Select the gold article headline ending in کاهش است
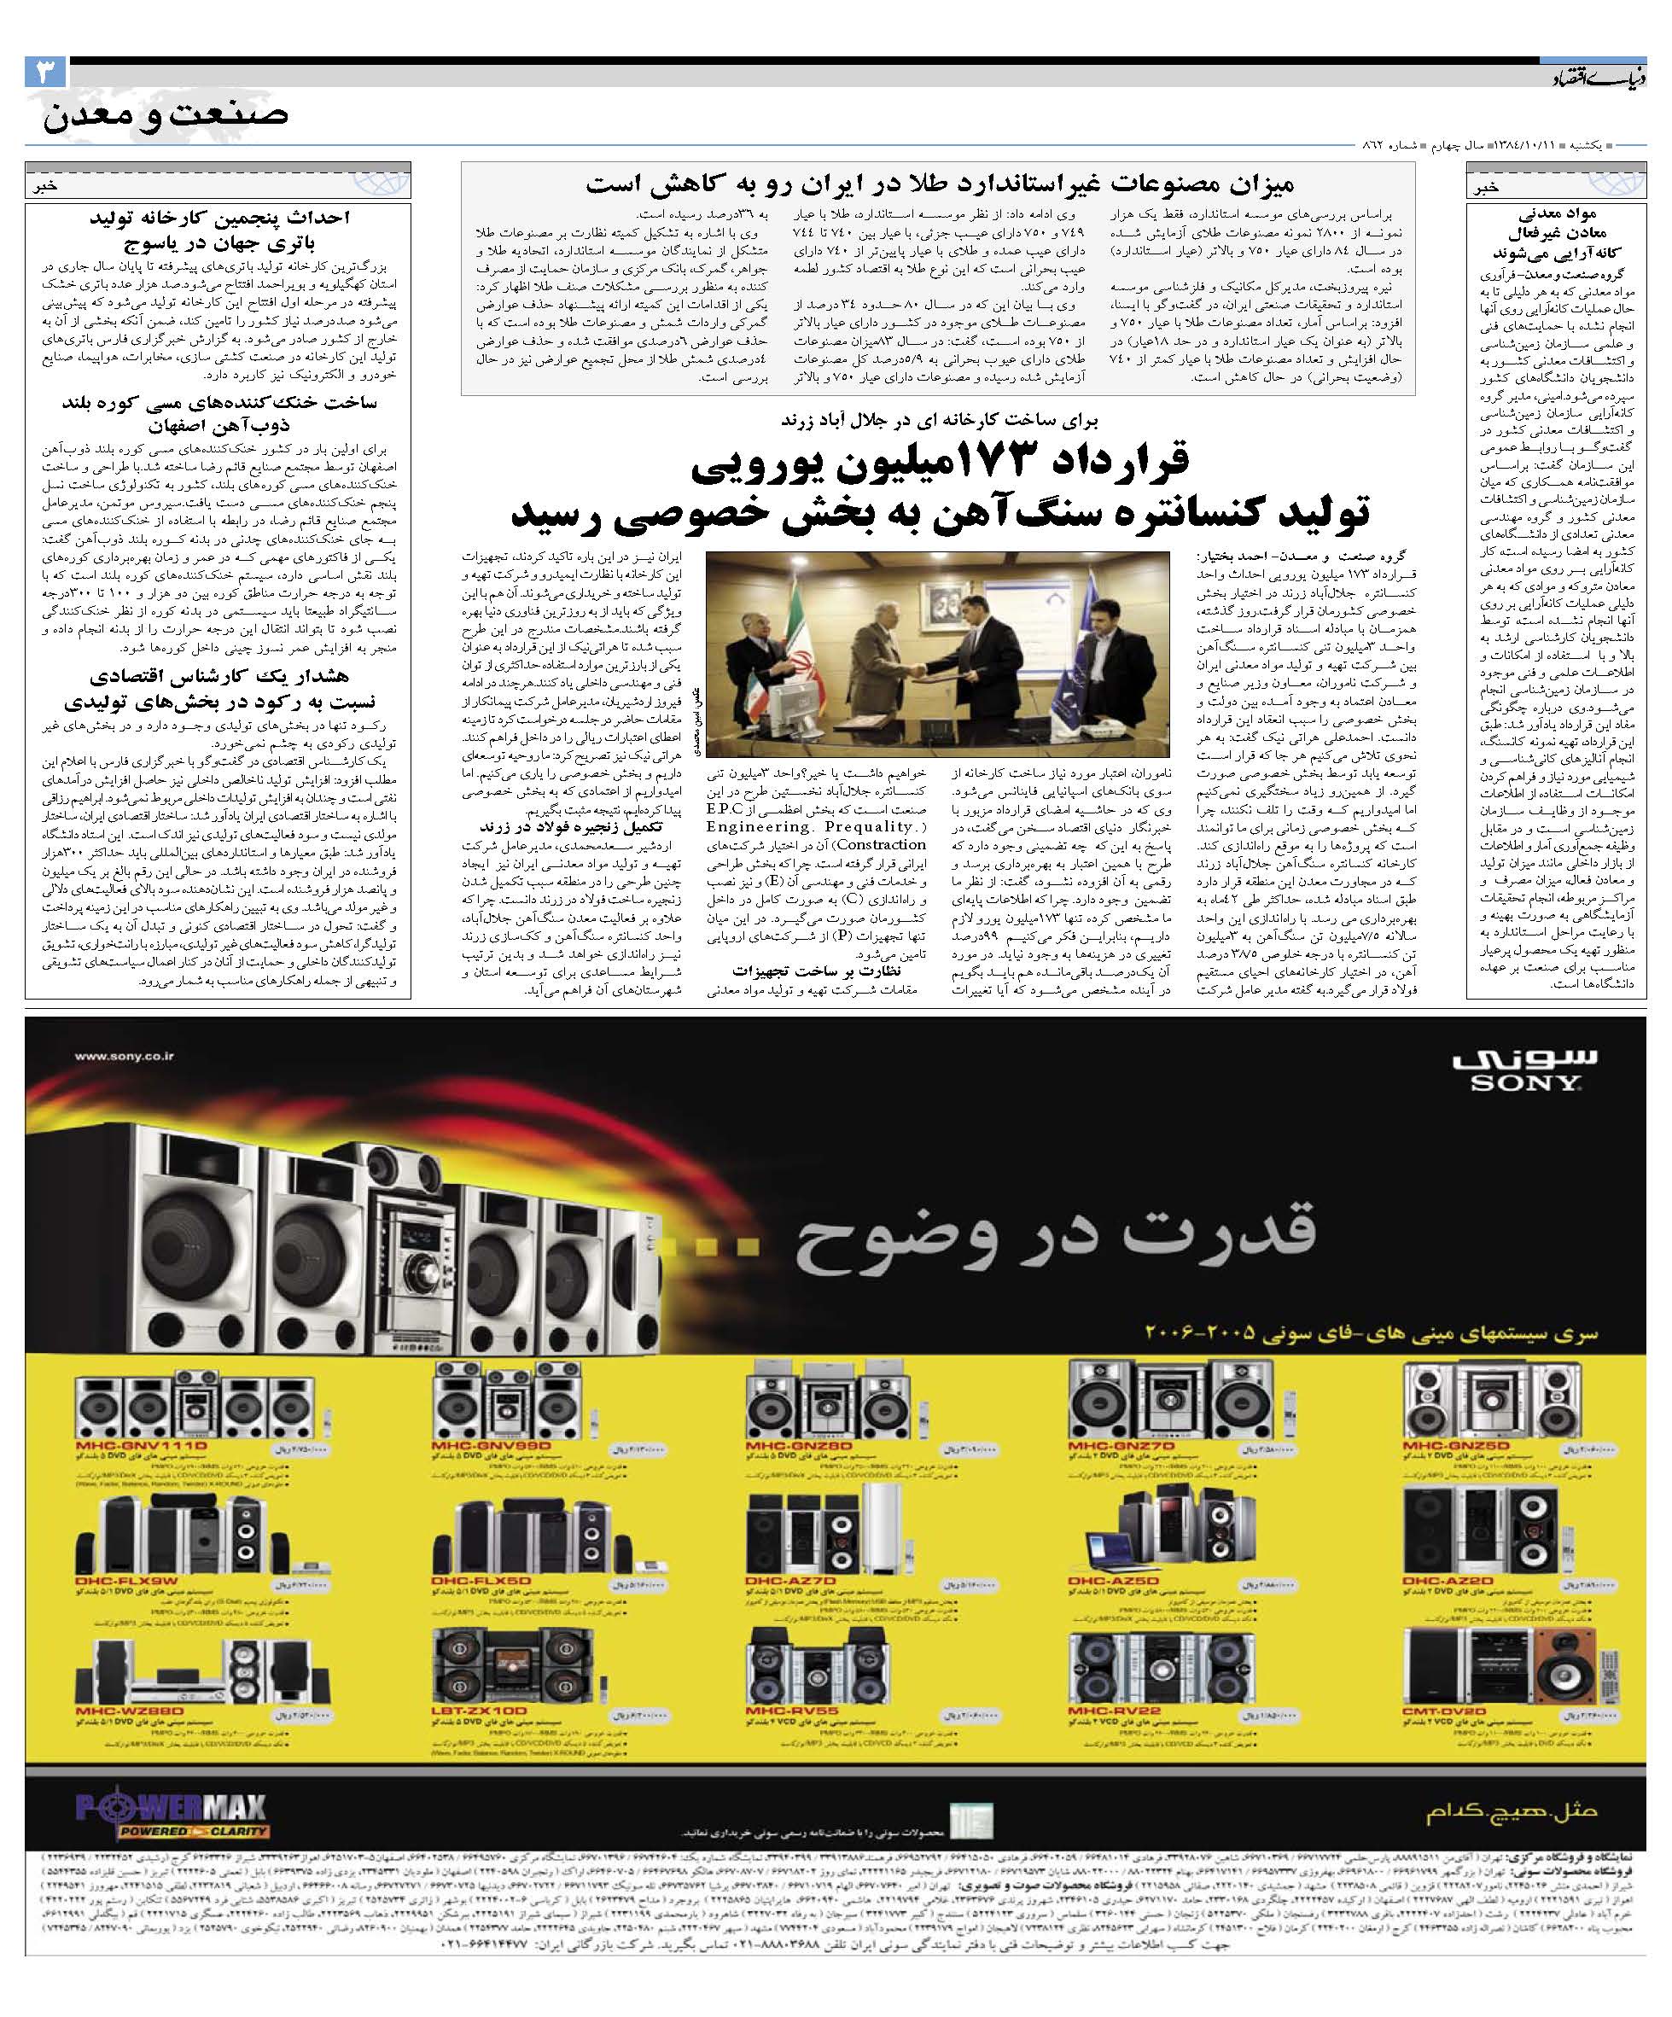coord(939,185)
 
